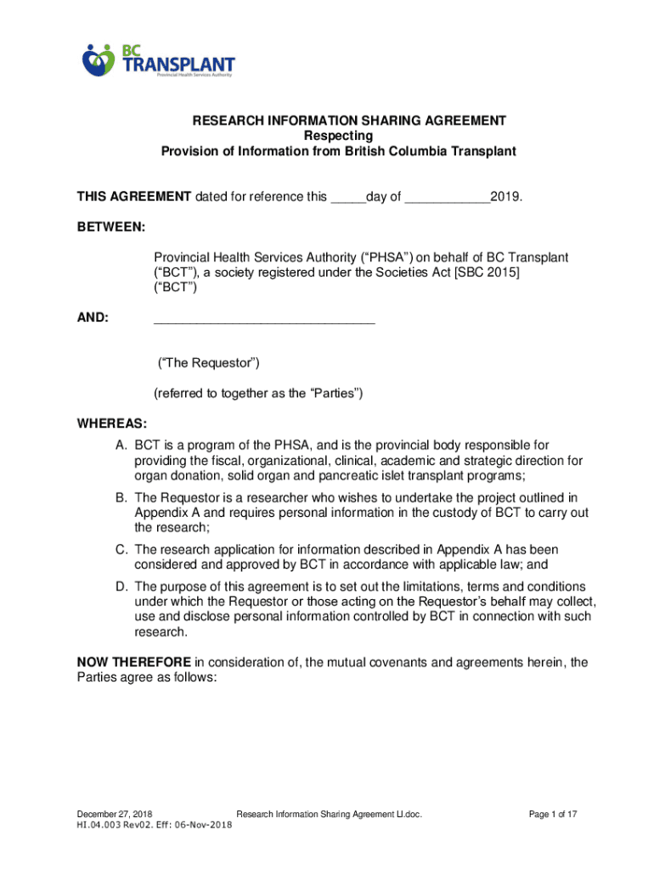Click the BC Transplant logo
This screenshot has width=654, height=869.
pyautogui.click(x=158, y=59)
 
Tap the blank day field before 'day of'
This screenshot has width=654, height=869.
pyautogui.click(x=347, y=198)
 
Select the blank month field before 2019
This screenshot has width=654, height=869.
pyautogui.click(x=448, y=198)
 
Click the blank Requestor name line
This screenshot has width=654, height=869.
pyautogui.click(x=263, y=319)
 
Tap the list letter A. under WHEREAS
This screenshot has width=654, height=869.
pyautogui.click(x=123, y=445)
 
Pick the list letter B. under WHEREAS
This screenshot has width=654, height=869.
pyautogui.click(x=123, y=497)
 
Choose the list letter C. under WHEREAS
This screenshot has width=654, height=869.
pyautogui.click(x=123, y=550)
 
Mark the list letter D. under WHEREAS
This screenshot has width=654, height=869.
pyautogui.click(x=123, y=586)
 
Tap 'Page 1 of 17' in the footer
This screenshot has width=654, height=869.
pyautogui.click(x=553, y=815)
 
